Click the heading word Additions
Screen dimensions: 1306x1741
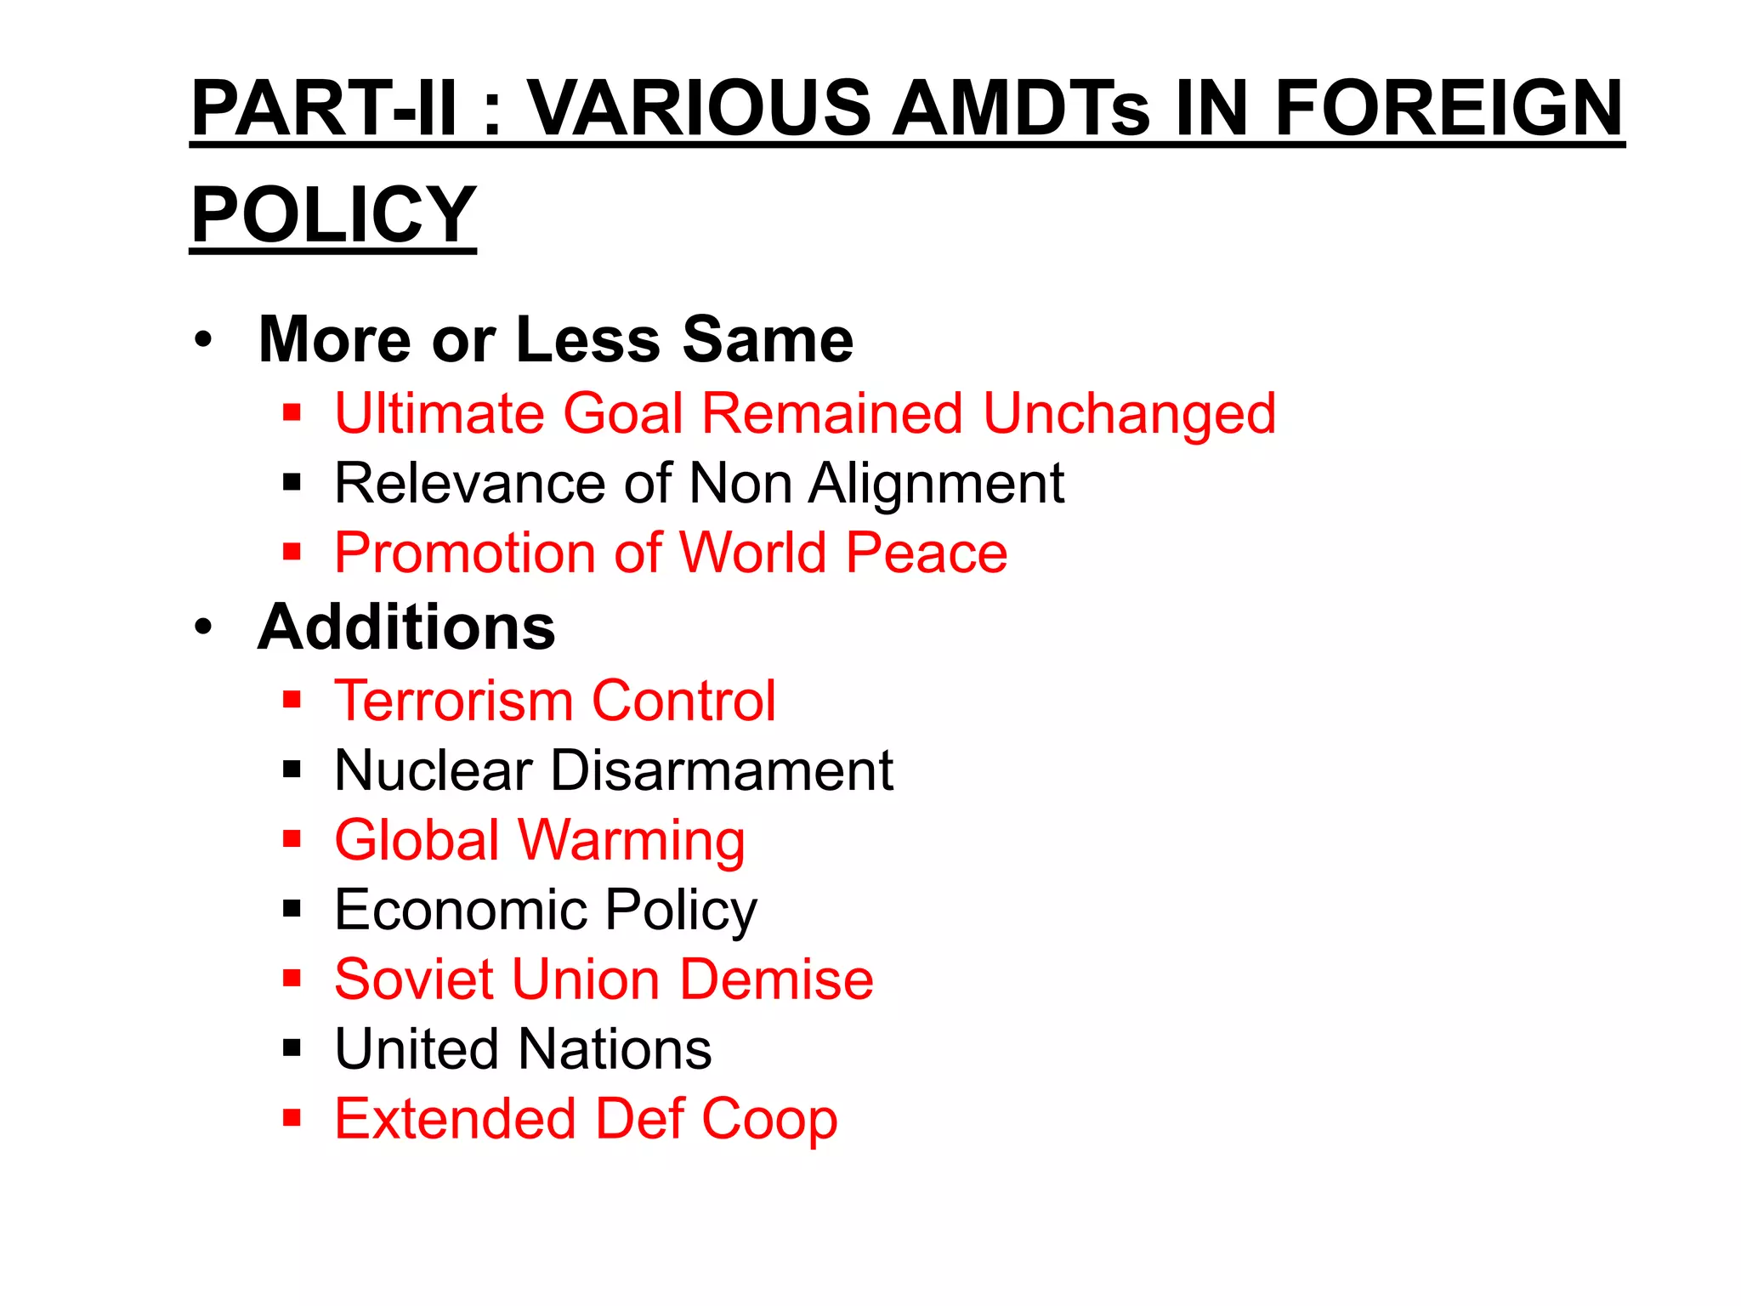[x=406, y=627]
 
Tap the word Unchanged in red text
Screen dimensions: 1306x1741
[x=1129, y=414]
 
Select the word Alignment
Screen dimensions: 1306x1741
[x=936, y=484]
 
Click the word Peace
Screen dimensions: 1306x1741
[x=927, y=554]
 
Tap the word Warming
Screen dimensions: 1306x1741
[x=631, y=841]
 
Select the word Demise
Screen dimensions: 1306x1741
[x=776, y=979]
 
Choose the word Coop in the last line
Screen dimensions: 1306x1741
[x=769, y=1119]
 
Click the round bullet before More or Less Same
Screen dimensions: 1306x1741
[x=202, y=339]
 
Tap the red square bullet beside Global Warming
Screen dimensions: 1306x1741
[x=292, y=840]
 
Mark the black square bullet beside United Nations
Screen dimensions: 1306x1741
[x=292, y=1048]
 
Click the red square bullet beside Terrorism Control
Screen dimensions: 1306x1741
[x=292, y=701]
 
